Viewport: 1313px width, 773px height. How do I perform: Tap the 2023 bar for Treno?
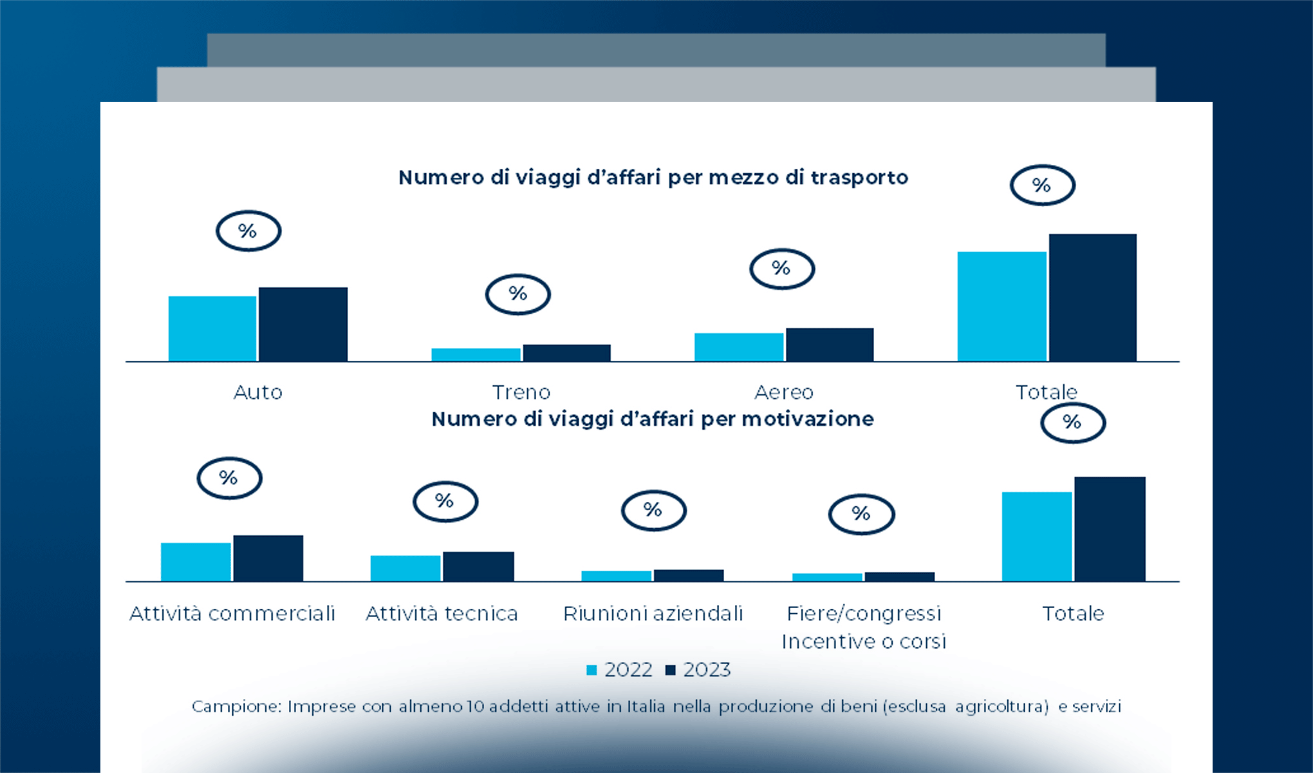point(566,352)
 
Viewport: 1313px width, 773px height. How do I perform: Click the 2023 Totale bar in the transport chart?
point(1092,298)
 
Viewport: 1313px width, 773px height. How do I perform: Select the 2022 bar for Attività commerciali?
point(196,562)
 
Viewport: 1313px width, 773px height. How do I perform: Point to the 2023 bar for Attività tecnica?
point(478,566)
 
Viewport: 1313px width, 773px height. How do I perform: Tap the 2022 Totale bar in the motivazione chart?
point(1036,537)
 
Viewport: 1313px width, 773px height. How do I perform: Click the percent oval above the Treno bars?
point(517,294)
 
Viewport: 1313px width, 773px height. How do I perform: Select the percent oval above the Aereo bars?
point(781,269)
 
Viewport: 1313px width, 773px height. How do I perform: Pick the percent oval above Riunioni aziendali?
point(653,510)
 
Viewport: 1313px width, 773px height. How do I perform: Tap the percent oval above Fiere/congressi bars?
point(861,514)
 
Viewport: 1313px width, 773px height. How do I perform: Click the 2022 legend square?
point(591,670)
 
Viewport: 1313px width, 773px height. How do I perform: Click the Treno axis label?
point(521,392)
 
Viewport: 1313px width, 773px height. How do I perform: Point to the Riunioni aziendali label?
point(653,613)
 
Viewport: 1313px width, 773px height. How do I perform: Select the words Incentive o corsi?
point(864,642)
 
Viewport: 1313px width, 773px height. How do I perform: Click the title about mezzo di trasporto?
point(653,177)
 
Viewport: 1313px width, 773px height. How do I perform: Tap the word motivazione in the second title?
point(808,419)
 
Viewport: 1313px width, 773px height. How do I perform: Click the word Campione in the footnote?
point(236,707)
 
